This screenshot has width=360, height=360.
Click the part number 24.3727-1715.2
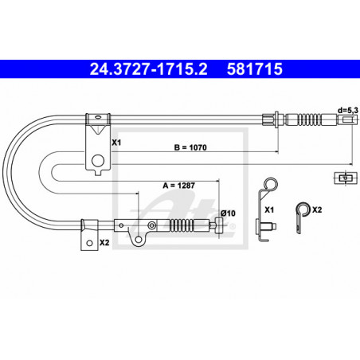148,69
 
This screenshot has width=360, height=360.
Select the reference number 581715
255,69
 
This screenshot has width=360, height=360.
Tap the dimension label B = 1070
190,147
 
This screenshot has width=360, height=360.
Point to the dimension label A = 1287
179,186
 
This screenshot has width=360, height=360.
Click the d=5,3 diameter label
347,110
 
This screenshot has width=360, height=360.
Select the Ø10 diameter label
228,213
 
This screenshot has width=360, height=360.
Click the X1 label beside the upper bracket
116,143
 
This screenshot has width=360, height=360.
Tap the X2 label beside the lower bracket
104,242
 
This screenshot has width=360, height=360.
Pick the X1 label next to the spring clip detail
269,209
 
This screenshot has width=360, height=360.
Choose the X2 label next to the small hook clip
317,209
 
